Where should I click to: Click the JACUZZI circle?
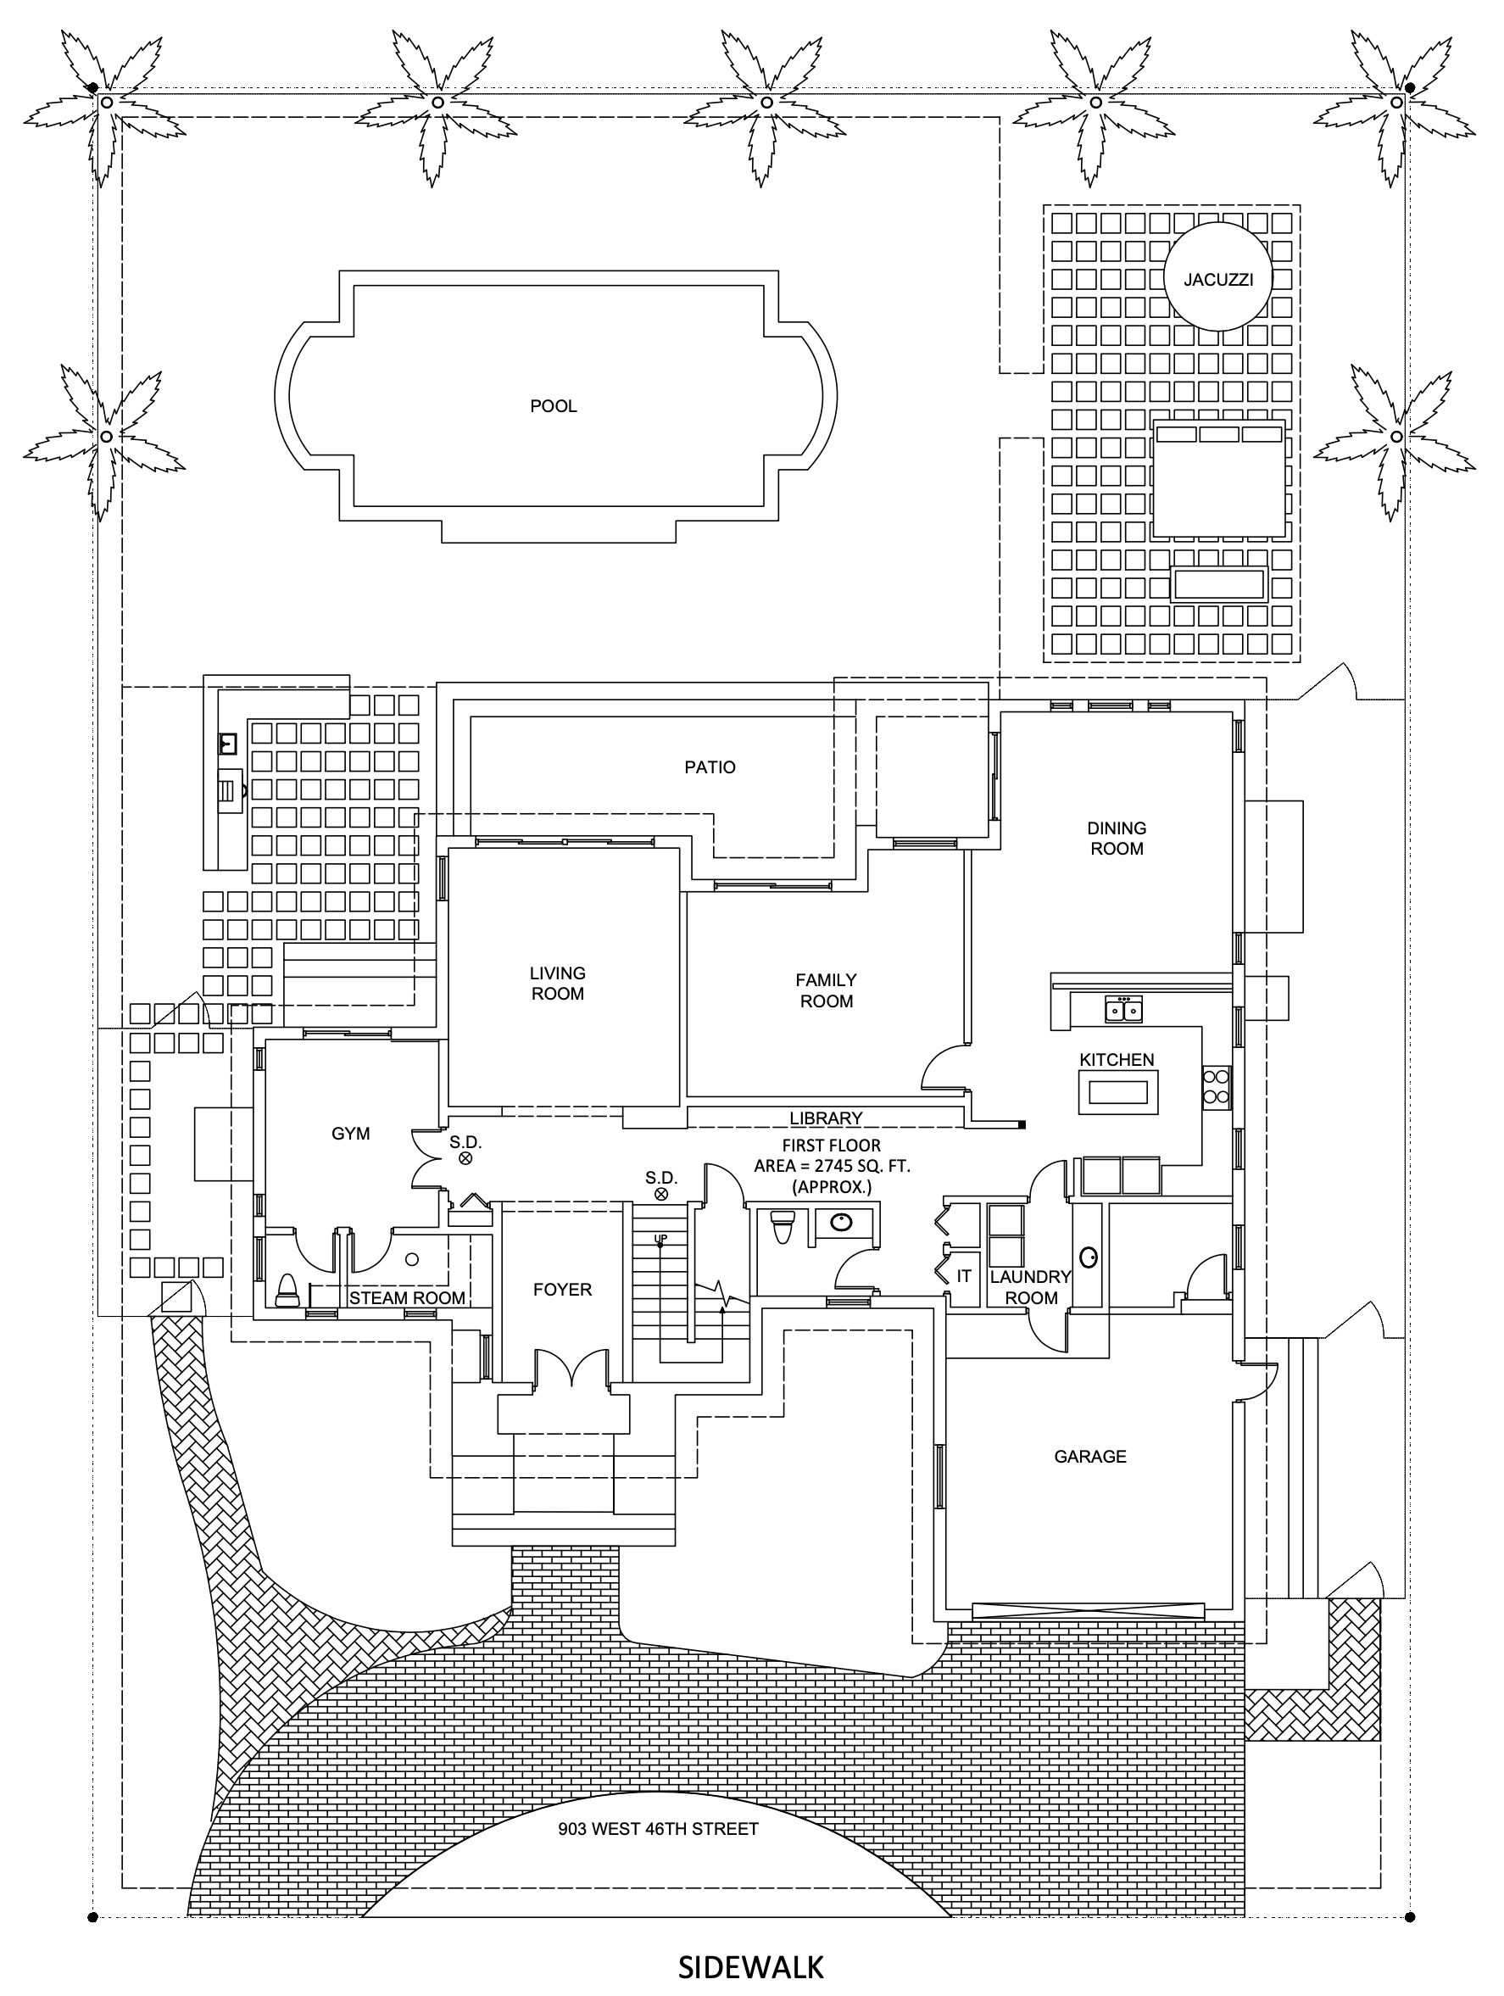coord(1217,280)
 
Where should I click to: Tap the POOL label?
coord(553,406)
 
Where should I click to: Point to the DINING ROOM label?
coord(1116,839)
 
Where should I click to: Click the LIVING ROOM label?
coord(557,983)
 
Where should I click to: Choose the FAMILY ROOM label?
coord(826,990)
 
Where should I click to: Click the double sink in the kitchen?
coord(1123,1009)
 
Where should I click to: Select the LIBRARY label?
coord(826,1118)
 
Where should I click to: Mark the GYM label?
coord(350,1134)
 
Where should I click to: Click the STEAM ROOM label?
coord(407,1297)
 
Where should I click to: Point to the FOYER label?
coord(562,1290)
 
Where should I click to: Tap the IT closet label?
coord(964,1276)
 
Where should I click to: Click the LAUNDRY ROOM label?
coord(1030,1287)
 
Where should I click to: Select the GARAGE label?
coord(1090,1456)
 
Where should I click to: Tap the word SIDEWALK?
coord(750,1966)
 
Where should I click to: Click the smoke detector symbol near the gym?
coord(465,1157)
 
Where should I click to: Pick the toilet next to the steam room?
coord(286,1291)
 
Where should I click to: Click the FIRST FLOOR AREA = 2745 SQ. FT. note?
coord(831,1166)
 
